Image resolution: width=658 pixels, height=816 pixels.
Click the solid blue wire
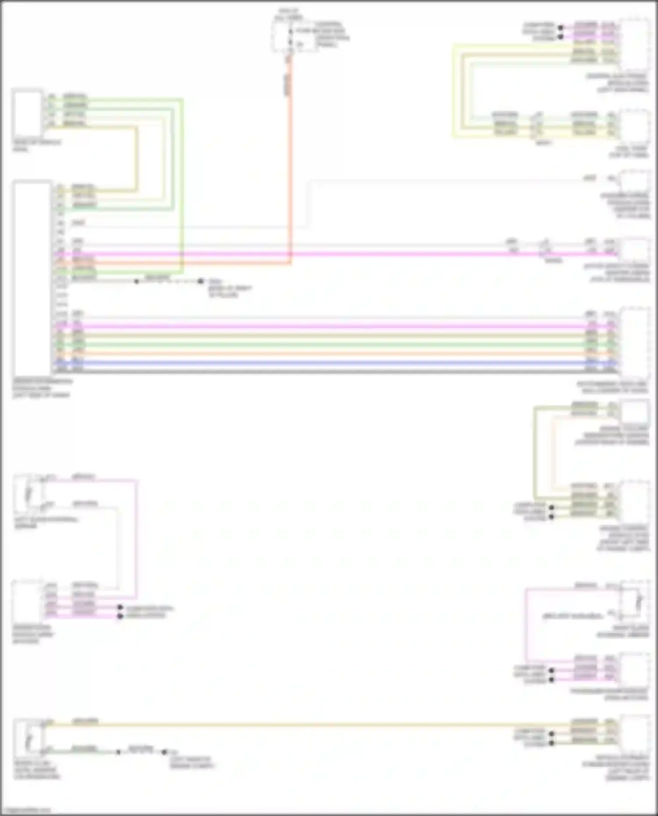(333, 363)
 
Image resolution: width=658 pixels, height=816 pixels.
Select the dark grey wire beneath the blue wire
(333, 371)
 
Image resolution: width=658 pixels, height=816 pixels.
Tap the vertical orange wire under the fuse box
(290, 175)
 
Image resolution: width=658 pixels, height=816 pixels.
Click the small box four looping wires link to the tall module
(28, 113)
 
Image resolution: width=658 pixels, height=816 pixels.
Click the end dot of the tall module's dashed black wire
(200, 281)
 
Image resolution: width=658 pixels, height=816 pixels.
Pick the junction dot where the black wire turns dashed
(136, 281)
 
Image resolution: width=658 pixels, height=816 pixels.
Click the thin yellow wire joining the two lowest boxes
(307, 725)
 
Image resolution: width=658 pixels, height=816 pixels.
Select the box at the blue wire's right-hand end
(634, 342)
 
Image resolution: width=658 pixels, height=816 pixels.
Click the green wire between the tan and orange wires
(333, 344)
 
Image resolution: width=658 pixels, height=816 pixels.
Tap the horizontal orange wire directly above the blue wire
(333, 353)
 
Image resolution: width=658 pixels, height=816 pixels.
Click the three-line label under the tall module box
(42, 388)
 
